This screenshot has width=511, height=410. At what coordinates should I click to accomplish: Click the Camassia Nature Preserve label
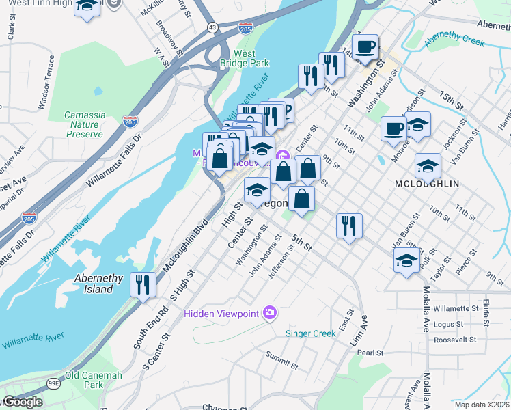[85, 124]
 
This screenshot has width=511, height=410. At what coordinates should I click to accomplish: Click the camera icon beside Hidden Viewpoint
[271, 313]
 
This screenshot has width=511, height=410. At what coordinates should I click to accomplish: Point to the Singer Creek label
[310, 333]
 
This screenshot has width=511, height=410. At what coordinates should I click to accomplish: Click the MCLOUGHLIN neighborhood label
[427, 184]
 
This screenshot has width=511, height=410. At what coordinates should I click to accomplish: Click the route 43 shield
[213, 27]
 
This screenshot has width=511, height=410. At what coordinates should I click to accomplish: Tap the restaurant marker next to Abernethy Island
[143, 282]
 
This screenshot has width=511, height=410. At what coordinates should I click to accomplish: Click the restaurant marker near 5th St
[349, 225]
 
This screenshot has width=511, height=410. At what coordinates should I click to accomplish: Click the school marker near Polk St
[406, 260]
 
